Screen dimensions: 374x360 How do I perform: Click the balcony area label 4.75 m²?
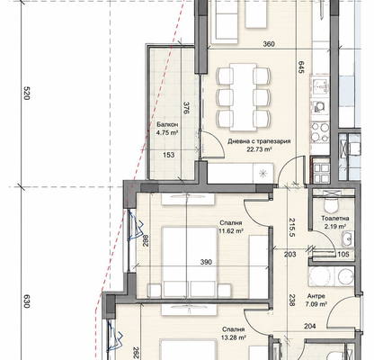click(x=167, y=132)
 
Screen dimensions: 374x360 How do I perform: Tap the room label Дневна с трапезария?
click(x=259, y=141)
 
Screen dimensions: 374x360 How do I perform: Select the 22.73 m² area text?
click(x=259, y=149)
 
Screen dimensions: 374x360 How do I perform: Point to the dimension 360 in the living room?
click(x=269, y=44)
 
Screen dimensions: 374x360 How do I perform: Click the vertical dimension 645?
click(x=301, y=67)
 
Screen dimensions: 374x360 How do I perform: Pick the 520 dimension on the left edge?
click(x=26, y=94)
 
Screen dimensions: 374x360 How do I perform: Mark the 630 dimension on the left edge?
click(x=26, y=301)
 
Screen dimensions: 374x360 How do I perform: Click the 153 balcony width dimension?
click(x=169, y=155)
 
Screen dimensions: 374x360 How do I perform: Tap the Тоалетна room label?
click(x=335, y=219)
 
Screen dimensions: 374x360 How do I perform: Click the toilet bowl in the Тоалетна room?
click(x=331, y=205)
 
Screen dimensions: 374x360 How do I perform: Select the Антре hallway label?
click(x=316, y=296)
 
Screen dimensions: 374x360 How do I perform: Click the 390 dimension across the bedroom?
click(x=206, y=262)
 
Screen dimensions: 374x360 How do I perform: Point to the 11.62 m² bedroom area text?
click(x=231, y=231)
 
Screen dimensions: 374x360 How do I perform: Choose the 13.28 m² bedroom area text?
click(x=234, y=337)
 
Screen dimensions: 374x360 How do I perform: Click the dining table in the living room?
click(x=244, y=97)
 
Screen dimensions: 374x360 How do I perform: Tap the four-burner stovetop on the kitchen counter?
click(x=320, y=132)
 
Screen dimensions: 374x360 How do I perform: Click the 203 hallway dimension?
click(x=290, y=255)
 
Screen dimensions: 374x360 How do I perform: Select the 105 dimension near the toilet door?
click(x=343, y=255)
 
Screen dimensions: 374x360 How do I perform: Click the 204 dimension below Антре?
click(x=309, y=326)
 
